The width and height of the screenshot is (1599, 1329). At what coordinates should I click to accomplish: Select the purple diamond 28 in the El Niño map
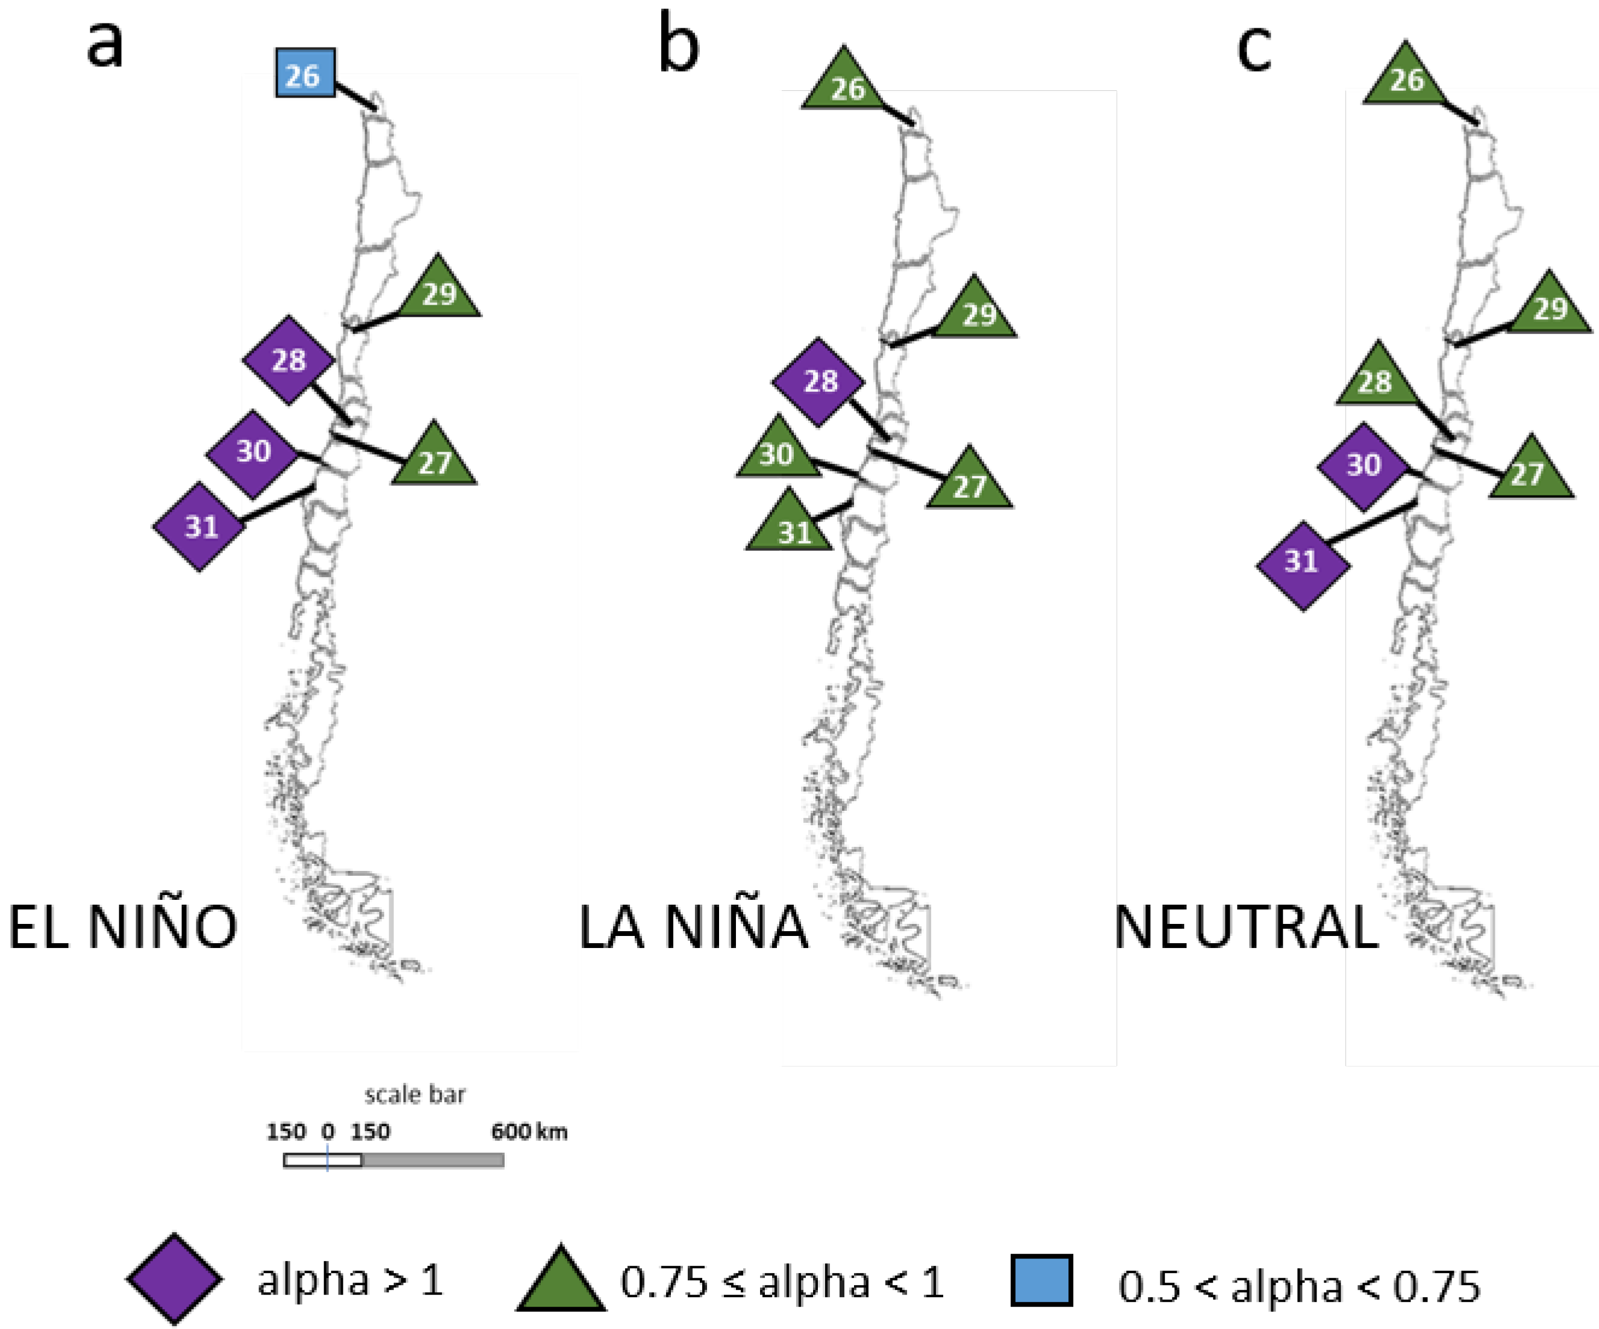coord(288,360)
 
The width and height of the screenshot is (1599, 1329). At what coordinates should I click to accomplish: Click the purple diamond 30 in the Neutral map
coord(1363,465)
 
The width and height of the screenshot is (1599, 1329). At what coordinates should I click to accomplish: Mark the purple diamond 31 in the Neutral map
coord(1303,563)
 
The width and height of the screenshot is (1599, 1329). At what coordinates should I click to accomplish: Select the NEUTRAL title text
coord(1245,927)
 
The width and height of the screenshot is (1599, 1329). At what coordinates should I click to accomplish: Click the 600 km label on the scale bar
coord(528,1132)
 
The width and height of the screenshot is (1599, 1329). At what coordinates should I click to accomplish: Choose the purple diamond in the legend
coord(175,1280)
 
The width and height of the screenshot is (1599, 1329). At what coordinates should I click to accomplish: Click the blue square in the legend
coord(1042,1280)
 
